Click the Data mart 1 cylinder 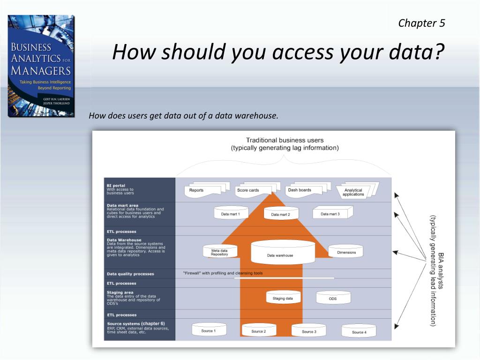(x=231, y=213)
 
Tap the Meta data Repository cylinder (x=219, y=252)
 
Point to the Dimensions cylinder (x=346, y=252)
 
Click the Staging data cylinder (x=283, y=298)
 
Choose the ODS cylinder (x=332, y=298)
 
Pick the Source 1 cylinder (x=209, y=330)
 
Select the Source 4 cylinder (x=359, y=331)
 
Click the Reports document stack (x=202, y=189)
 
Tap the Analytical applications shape (x=355, y=191)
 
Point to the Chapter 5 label (x=421, y=23)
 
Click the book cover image (x=41, y=66)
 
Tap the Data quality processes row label (x=130, y=274)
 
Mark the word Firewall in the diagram (x=193, y=273)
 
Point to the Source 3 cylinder (x=308, y=330)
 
